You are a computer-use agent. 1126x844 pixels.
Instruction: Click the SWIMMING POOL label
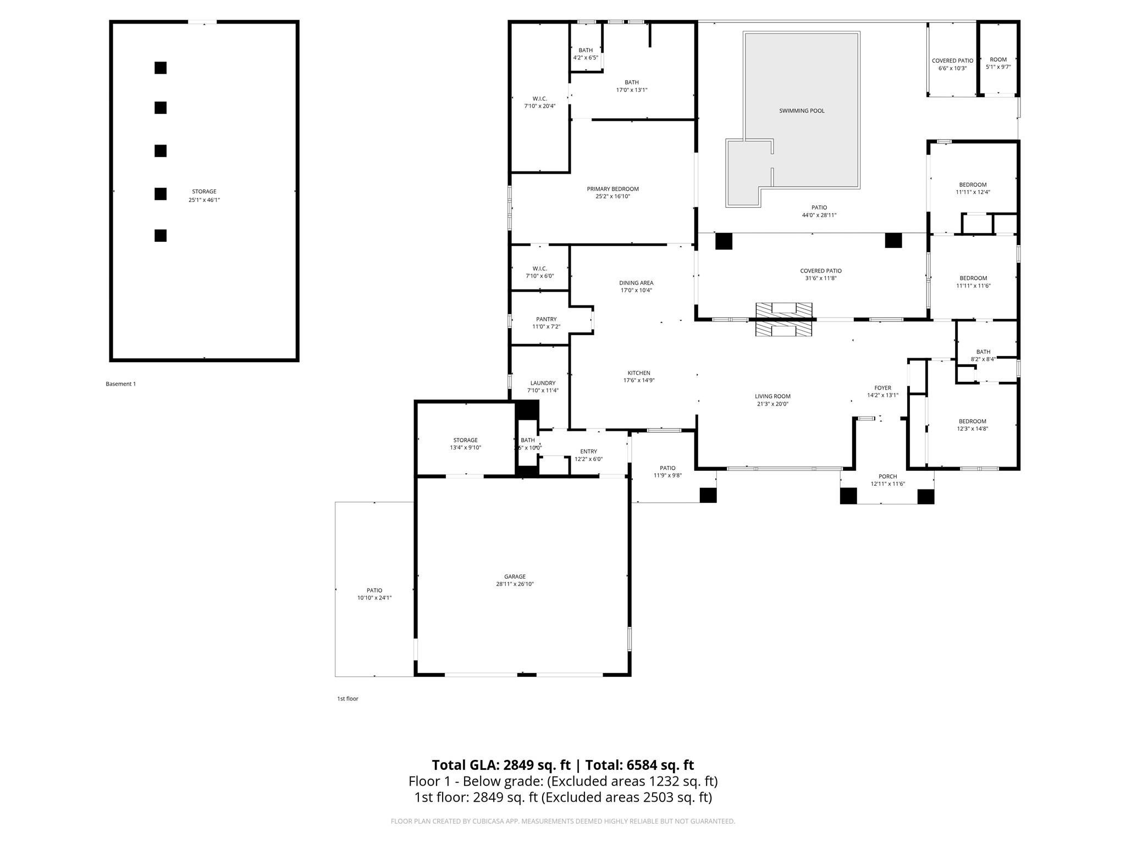802,111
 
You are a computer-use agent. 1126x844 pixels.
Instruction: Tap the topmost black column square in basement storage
160,68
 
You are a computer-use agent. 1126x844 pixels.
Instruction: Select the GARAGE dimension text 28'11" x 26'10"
515,584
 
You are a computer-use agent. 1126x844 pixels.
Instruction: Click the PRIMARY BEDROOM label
612,189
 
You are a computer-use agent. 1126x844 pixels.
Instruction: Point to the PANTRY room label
546,319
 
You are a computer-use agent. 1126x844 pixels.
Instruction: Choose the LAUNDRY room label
543,383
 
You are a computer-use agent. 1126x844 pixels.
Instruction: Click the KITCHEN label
638,373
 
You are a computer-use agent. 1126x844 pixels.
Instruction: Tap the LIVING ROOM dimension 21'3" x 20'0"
772,404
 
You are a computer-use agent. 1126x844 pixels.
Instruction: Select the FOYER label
882,388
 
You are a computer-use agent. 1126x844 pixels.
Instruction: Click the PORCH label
887,476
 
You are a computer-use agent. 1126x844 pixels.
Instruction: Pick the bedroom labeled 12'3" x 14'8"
972,425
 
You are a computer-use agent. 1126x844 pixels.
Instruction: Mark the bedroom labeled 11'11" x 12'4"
973,188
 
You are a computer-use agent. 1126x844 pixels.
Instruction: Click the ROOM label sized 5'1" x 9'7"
998,60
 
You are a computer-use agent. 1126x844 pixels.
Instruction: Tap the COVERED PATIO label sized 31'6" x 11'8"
820,271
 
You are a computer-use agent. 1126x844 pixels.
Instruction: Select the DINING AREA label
636,283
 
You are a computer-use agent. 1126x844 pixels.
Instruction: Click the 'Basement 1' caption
120,384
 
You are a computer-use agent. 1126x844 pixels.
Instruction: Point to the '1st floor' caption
347,699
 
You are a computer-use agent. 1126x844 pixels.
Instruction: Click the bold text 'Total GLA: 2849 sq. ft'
501,765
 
